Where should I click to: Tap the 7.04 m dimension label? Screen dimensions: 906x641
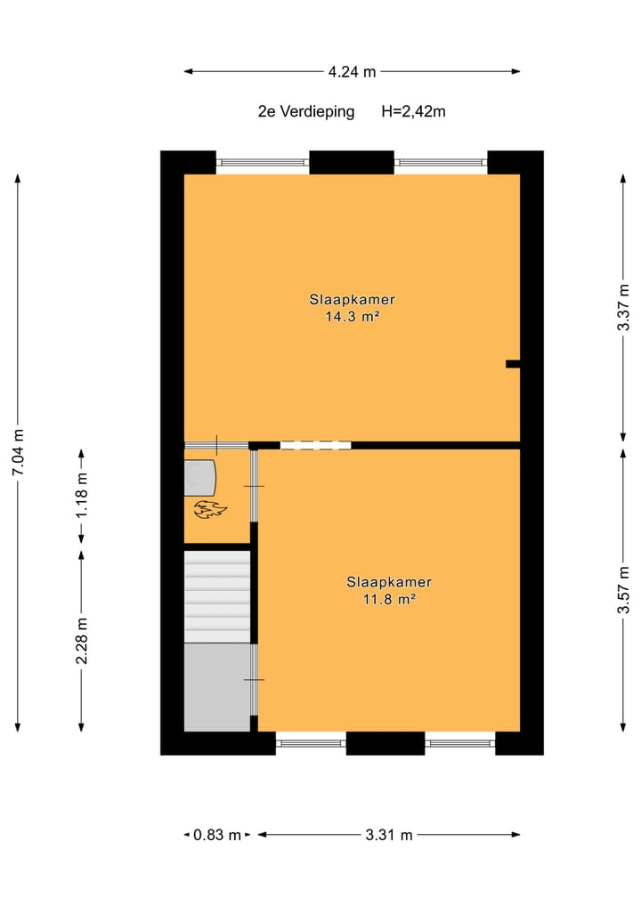coord(18,453)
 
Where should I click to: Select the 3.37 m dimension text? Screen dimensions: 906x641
coord(624,308)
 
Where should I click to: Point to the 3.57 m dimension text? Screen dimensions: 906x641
coord(624,589)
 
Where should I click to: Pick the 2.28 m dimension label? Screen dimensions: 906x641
coord(82,641)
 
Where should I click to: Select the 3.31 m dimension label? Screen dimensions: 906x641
coord(388,835)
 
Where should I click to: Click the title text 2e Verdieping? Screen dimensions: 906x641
coord(305,112)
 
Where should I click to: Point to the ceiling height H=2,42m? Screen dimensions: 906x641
coord(413,112)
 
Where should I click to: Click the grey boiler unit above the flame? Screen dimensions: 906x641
coord(200,478)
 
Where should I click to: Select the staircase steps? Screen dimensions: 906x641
coord(217,595)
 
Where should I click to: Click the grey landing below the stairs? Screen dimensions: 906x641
coord(217,687)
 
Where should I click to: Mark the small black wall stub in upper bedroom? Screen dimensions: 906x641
coord(512,364)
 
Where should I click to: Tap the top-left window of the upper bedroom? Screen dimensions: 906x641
coord(263,163)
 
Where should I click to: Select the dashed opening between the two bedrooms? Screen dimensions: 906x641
coord(315,445)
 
